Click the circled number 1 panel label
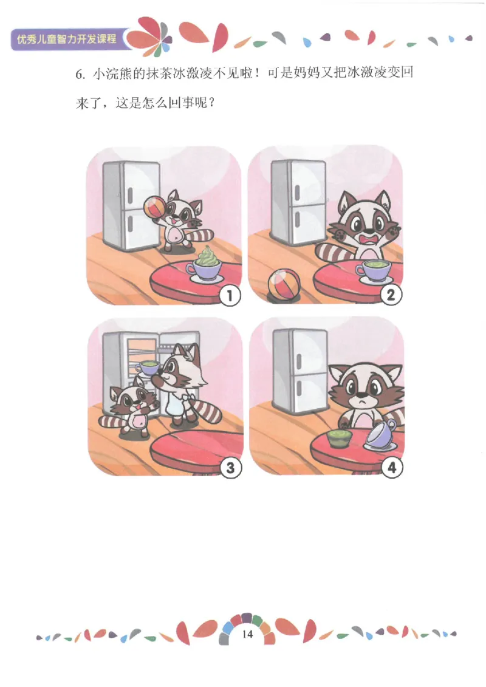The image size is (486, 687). pyautogui.click(x=230, y=296)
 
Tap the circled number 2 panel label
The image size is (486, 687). pyautogui.click(x=390, y=295)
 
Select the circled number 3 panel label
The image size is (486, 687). pyautogui.click(x=230, y=468)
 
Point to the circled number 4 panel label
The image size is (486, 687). pyautogui.click(x=391, y=467)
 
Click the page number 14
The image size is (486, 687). pyautogui.click(x=247, y=634)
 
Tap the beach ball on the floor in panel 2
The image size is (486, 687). pyautogui.click(x=284, y=285)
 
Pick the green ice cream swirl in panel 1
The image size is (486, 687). pyautogui.click(x=207, y=257)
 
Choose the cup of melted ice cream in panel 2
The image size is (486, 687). pyautogui.click(x=373, y=272)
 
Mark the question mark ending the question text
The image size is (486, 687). pyautogui.click(x=212, y=104)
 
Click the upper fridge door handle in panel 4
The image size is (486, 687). pyautogui.click(x=299, y=361)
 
